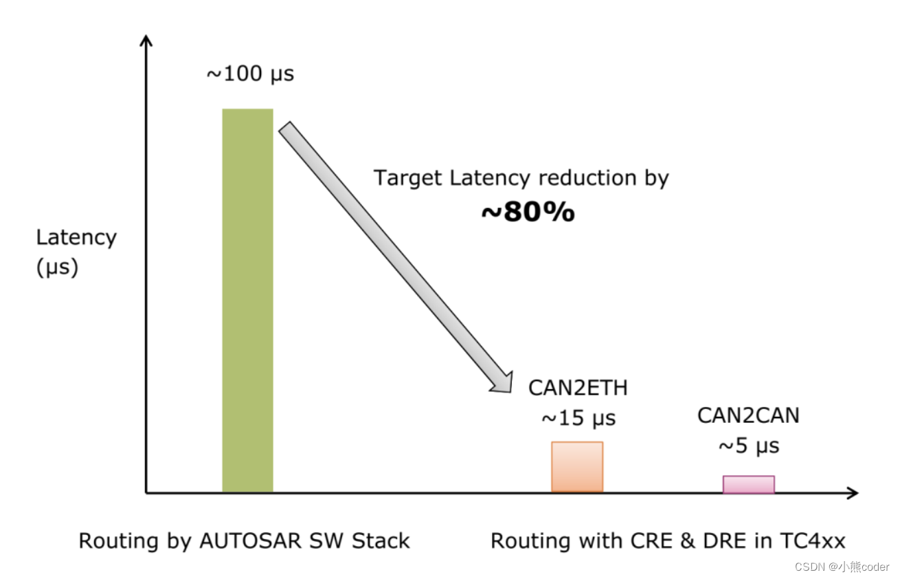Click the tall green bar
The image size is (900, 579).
click(247, 300)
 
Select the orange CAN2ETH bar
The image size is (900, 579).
click(577, 467)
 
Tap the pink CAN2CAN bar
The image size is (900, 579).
click(748, 484)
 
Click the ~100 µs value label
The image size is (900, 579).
click(250, 74)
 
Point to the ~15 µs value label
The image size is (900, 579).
click(578, 418)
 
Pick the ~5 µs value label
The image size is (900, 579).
click(749, 446)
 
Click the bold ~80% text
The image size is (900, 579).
click(528, 212)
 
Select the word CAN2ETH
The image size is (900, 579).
click(578, 389)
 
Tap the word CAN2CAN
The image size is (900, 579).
click(748, 416)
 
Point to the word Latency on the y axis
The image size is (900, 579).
click(76, 238)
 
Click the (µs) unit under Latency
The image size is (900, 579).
click(57, 267)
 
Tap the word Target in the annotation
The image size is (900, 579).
click(408, 178)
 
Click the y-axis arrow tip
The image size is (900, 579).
click(145, 39)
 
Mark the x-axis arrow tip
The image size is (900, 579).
click(856, 492)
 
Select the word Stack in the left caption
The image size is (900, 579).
click(381, 541)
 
